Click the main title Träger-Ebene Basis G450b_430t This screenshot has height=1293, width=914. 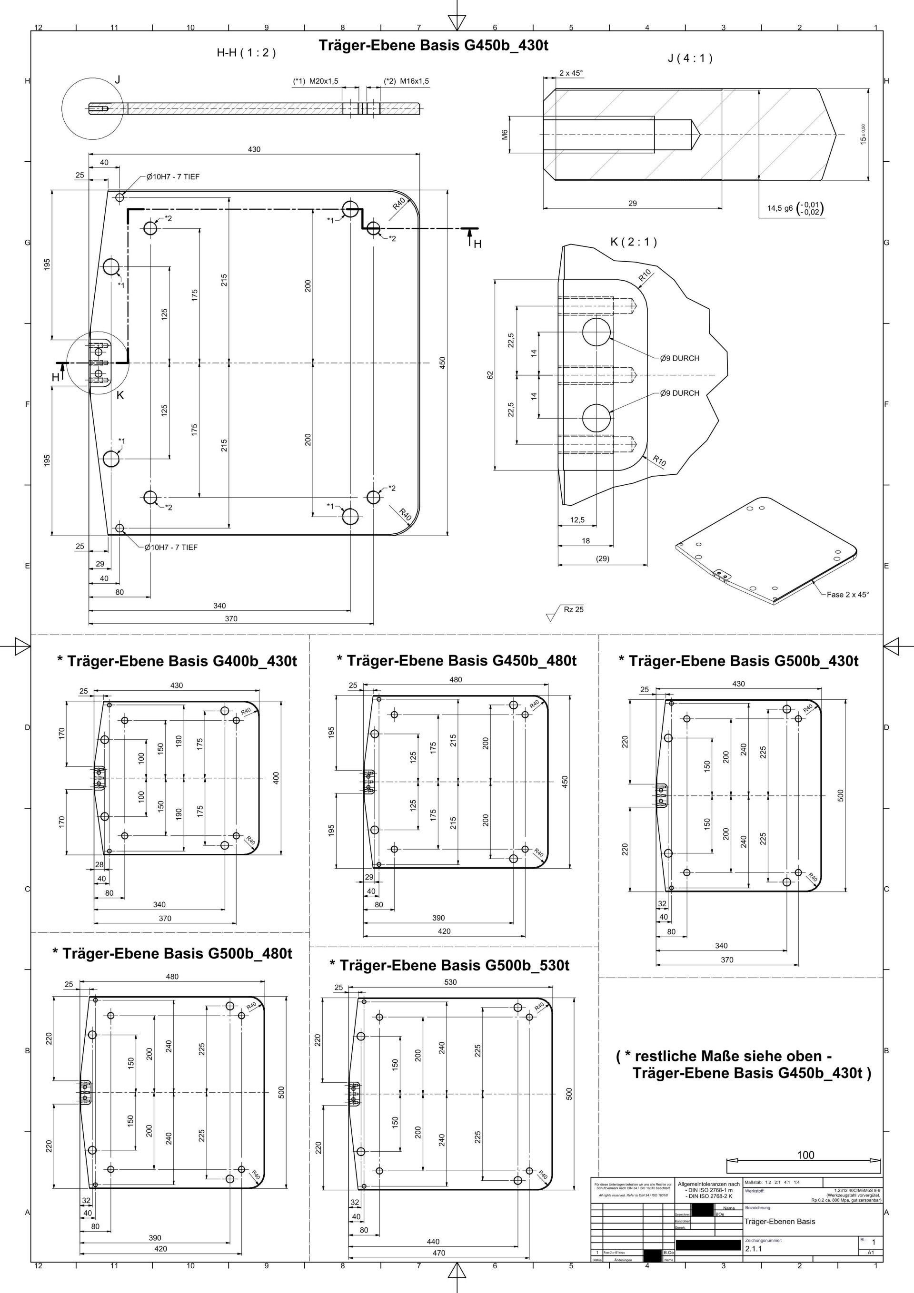coord(433,46)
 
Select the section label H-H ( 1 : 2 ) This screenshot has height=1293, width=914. coord(246,53)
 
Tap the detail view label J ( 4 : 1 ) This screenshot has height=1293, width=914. coord(690,58)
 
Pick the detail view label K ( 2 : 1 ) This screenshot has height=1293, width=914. coord(634,242)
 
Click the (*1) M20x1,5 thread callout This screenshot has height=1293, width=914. coord(316,81)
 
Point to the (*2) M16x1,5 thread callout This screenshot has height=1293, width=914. coord(406,81)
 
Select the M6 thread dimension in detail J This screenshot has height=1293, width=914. coord(506,135)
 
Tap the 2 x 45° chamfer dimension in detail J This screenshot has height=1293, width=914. coord(571,73)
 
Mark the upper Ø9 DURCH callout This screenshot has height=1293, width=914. coord(680,358)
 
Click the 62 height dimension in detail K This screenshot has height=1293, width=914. coord(490,374)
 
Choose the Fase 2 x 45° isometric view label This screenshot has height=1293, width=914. coord(847,595)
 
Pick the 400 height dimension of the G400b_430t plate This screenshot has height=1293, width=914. coord(276,778)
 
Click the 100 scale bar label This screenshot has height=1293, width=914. coord(805,1155)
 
